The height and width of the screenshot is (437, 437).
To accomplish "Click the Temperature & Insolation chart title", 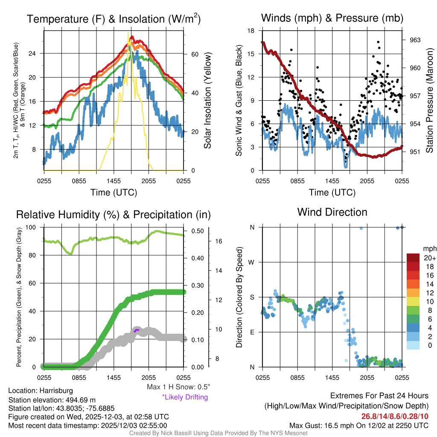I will (114, 19).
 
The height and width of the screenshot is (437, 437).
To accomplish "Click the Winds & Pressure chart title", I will (332, 18).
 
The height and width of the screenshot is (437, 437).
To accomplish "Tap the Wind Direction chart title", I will (332, 212).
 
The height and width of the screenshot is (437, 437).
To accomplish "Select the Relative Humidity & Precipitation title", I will (114, 214).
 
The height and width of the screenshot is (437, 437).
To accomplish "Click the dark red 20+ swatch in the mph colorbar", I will (414, 258).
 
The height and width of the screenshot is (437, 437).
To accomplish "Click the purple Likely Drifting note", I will (185, 397).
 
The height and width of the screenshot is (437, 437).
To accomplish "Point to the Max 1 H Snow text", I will (178, 387).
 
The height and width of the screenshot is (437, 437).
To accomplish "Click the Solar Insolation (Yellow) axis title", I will (208, 101).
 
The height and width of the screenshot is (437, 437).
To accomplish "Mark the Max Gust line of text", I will (359, 425).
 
